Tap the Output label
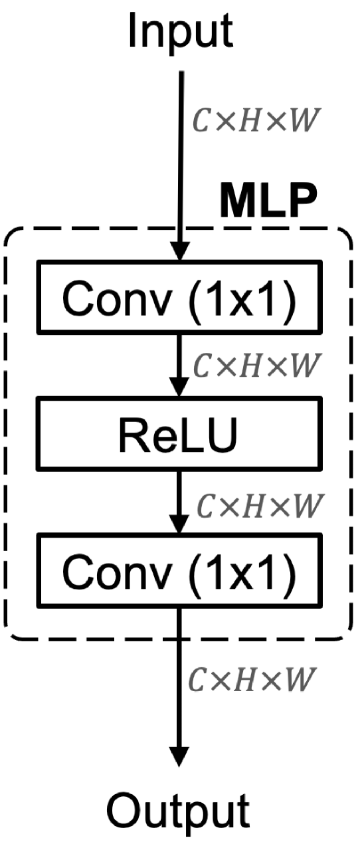pyautogui.click(x=179, y=813)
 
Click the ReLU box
pyautogui.click(x=180, y=433)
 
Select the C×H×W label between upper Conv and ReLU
pyautogui.click(x=256, y=364)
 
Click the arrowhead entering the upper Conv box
pyautogui.click(x=180, y=254)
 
